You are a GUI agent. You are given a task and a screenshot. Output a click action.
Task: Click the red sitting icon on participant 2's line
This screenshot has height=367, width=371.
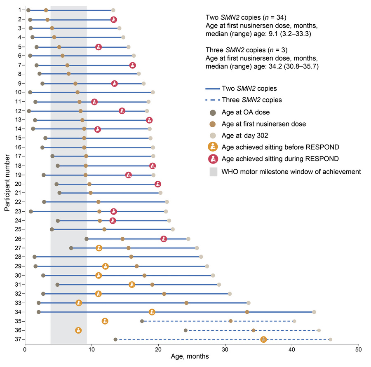coord(114,20)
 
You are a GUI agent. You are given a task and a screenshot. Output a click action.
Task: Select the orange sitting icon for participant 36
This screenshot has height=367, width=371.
coord(78,330)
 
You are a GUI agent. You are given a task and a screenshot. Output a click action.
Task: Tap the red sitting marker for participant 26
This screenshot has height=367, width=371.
coord(164,239)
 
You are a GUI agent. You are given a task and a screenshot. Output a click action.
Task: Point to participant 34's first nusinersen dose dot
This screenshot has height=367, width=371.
coord(247,312)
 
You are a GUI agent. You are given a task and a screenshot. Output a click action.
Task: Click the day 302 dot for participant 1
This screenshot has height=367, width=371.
coord(113,10)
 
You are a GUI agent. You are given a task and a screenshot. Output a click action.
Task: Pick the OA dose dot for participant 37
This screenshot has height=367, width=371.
coord(115,339)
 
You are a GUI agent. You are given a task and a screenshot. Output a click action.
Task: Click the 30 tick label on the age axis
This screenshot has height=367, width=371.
coord(225,350)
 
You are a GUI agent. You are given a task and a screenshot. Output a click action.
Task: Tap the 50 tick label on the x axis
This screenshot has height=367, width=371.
coord(359,350)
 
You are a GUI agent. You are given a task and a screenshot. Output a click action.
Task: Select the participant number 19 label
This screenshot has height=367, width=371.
coord(18,175)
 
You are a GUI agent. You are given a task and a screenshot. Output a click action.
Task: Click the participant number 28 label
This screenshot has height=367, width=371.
coord(18,257)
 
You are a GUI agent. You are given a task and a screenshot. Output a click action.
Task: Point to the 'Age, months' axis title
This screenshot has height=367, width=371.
coord(190,357)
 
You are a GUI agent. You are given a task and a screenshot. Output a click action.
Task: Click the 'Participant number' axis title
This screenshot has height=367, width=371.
coord(7,183)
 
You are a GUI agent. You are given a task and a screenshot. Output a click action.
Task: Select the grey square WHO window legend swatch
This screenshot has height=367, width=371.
coord(214,172)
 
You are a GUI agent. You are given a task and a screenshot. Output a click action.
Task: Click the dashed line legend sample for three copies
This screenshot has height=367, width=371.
coord(212,100)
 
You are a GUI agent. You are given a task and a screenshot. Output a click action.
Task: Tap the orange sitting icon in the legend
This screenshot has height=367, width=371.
coord(213,147)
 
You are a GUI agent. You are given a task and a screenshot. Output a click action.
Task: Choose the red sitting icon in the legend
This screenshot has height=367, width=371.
coord(213,159)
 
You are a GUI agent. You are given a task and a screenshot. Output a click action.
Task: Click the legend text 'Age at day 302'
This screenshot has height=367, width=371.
coord(244,136)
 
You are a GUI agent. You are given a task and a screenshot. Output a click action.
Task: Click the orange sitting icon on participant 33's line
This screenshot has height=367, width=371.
coord(79,303)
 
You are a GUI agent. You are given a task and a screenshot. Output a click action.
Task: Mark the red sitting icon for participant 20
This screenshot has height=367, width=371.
coord(158,184)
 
